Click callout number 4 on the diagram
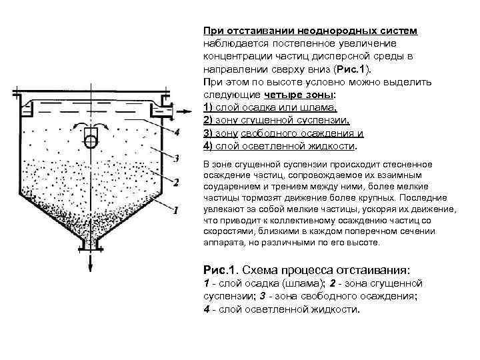click(176, 132)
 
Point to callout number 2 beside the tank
click(176, 181)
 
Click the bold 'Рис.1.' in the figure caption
click(220, 270)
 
